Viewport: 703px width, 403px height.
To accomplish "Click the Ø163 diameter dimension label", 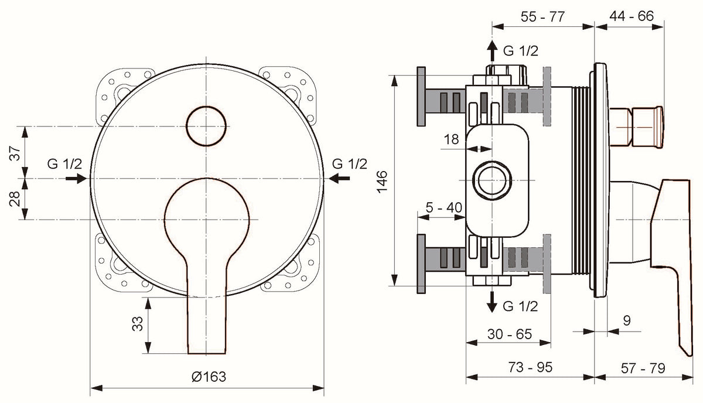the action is [209, 377].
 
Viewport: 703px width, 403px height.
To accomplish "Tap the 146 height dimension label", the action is [382, 182].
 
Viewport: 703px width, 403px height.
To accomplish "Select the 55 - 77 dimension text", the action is [542, 16].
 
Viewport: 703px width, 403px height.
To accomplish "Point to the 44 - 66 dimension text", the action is [632, 16].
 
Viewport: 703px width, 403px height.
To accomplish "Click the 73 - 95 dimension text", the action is [530, 367].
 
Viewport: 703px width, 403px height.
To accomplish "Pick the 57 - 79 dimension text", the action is [643, 368].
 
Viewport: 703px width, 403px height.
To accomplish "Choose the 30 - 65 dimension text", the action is [510, 334].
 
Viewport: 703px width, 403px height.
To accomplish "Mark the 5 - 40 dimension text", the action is [444, 207].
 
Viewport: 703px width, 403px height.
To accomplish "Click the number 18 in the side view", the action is [451, 139].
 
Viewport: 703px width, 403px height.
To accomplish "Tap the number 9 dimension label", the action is [627, 320].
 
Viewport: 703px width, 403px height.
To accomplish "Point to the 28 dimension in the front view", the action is [15, 199].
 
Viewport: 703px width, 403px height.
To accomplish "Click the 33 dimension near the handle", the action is [137, 323].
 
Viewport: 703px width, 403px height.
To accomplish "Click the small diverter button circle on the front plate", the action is [206, 126].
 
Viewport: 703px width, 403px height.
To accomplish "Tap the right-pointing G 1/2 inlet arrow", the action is [76, 179].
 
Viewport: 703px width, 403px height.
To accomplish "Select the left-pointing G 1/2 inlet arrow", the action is [339, 179].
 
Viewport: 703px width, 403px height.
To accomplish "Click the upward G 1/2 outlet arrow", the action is [492, 50].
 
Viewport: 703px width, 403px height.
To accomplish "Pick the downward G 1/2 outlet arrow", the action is [492, 302].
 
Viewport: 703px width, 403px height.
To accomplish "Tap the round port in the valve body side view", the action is [492, 180].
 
